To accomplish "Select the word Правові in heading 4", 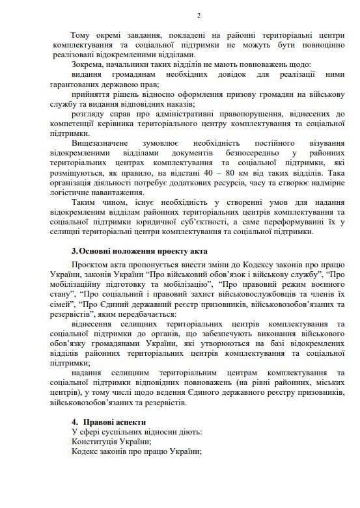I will [x=100, y=422].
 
